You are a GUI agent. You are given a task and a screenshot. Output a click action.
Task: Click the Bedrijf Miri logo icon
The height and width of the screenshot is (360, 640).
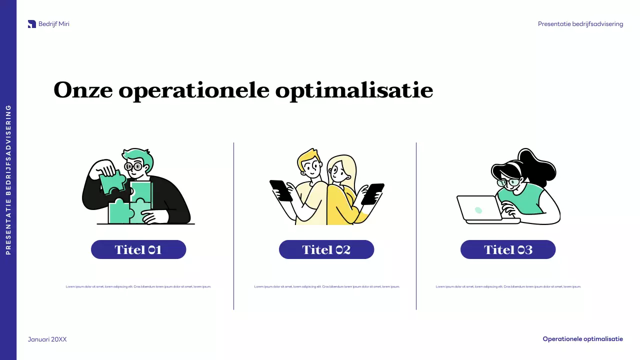tap(32, 24)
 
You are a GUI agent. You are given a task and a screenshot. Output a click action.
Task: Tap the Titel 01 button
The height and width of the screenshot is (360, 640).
tap(138, 249)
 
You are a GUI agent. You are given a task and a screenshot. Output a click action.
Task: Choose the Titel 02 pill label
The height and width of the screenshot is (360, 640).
tap(326, 249)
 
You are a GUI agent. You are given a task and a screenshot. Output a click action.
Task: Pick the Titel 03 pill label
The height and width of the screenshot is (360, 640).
tap(508, 249)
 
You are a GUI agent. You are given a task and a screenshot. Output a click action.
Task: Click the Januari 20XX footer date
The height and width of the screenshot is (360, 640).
tap(47, 339)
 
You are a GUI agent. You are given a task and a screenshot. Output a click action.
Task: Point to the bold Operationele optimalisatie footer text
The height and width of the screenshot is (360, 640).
tap(582, 339)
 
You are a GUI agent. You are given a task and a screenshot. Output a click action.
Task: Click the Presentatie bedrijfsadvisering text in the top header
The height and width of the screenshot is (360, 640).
tap(580, 24)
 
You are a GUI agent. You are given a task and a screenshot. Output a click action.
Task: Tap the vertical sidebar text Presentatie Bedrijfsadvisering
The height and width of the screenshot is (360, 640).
tap(8, 179)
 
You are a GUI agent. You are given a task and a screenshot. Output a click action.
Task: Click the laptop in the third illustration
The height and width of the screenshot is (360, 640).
tap(479, 208)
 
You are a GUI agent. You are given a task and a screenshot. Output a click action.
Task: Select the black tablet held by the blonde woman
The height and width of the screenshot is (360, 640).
tap(372, 193)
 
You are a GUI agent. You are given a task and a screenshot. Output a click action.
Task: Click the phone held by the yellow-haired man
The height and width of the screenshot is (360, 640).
tap(281, 190)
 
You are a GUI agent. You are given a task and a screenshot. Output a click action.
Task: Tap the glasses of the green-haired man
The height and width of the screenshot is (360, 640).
tap(133, 166)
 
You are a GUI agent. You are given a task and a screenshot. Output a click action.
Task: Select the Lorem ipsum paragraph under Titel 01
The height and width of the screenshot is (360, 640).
tap(138, 287)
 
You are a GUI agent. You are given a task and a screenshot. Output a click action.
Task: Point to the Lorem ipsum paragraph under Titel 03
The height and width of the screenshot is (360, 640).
tap(508, 287)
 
